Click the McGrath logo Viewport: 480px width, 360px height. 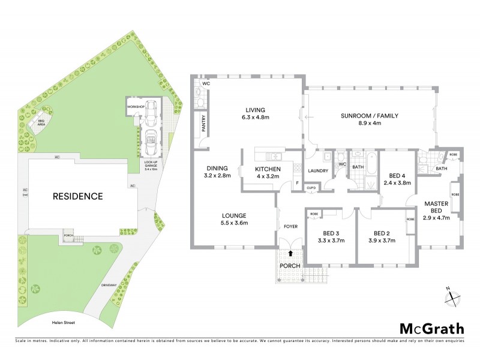click(432, 328)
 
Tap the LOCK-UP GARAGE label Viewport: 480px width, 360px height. click(151, 166)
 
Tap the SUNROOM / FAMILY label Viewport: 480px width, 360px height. click(370, 116)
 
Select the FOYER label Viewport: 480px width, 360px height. click(291, 226)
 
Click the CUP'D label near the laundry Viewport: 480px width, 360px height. click(311, 188)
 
